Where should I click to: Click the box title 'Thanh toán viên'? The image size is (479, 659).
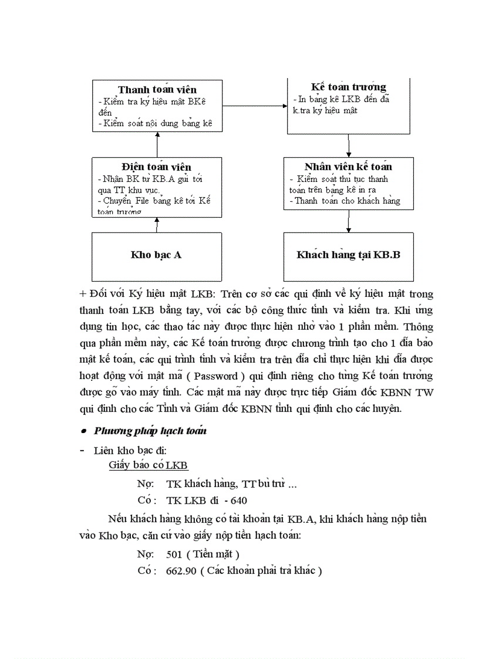click(x=157, y=90)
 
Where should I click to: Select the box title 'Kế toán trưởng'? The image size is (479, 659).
click(x=349, y=87)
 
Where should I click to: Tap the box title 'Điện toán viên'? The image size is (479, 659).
click(x=156, y=167)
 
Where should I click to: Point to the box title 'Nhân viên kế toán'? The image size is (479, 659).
click(x=348, y=167)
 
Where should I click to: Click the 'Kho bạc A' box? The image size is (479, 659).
click(x=156, y=255)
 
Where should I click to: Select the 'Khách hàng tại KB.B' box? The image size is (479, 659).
click(x=348, y=255)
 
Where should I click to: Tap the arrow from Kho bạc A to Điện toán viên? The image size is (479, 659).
click(x=157, y=225)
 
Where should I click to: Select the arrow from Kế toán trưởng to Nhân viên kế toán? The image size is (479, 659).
click(x=349, y=146)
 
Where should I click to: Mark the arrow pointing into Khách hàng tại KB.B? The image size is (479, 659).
click(x=349, y=221)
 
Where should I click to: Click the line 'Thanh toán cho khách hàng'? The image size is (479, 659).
click(x=347, y=201)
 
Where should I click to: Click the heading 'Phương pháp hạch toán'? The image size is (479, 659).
click(x=150, y=431)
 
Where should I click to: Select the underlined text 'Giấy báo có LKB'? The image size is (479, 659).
click(x=148, y=465)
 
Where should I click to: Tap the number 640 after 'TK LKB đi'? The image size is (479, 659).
click(x=239, y=501)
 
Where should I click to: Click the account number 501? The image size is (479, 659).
click(x=174, y=553)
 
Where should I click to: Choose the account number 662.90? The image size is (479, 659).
click(x=181, y=570)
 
